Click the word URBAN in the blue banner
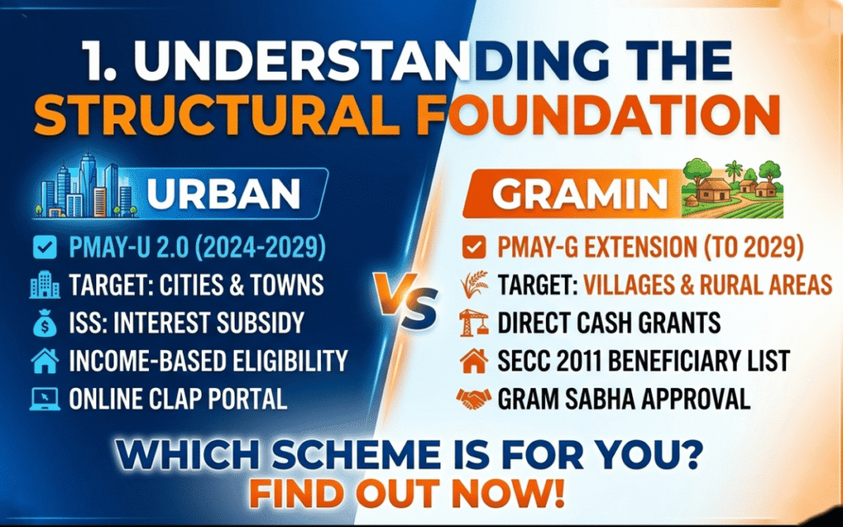coord(223,195)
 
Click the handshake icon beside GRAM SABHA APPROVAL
coord(473,399)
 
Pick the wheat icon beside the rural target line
coord(473,284)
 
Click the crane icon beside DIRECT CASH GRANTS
coord(473,322)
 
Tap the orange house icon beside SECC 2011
coord(473,361)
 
